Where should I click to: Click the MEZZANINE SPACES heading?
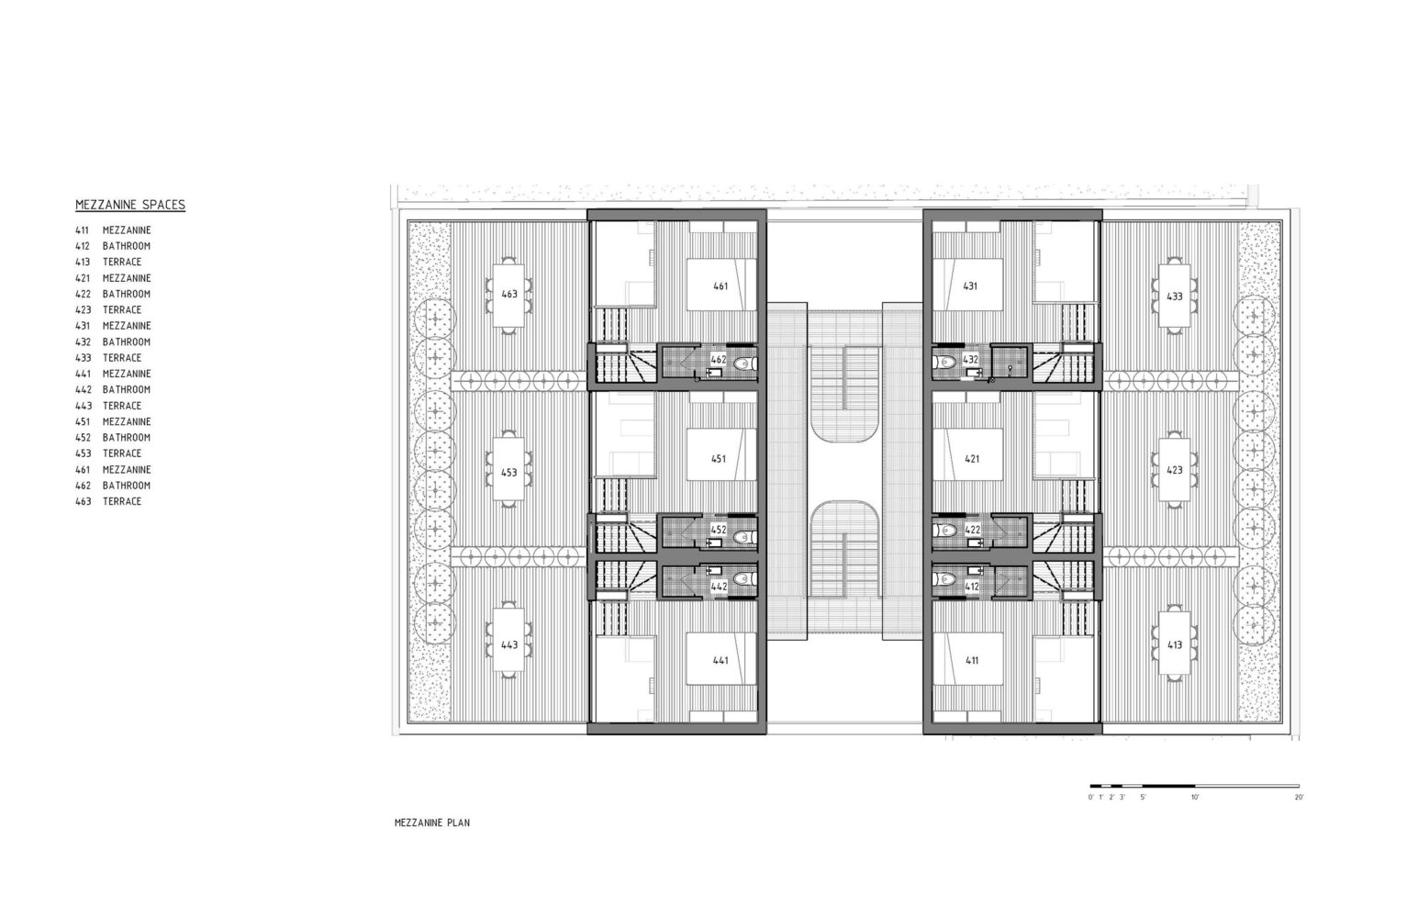[130, 205]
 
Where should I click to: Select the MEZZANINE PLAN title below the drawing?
[432, 823]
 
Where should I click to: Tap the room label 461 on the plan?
[720, 286]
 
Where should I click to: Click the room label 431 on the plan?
[970, 286]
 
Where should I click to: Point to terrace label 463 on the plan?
[509, 294]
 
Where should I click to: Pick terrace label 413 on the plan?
[1174, 645]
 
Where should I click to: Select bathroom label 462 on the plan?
[719, 360]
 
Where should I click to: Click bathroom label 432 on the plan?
[971, 360]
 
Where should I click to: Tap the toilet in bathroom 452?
[744, 538]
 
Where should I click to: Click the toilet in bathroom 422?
[945, 530]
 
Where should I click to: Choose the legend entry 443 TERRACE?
[108, 406]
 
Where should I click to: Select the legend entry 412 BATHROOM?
[113, 246]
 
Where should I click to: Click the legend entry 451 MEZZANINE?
[113, 421]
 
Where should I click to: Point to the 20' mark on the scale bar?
[1299, 797]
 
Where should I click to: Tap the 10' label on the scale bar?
[1195, 797]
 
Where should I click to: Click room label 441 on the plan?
[720, 660]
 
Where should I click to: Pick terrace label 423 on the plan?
[1174, 470]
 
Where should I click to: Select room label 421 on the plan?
[972, 459]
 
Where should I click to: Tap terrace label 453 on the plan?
[509, 472]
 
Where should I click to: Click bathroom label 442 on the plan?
[719, 587]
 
